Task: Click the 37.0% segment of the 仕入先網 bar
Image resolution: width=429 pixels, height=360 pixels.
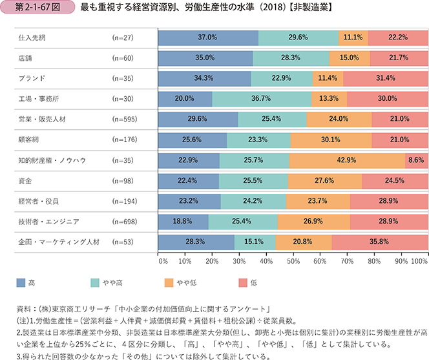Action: click(x=207, y=37)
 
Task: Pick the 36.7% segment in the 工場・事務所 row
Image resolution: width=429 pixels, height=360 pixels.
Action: click(x=261, y=99)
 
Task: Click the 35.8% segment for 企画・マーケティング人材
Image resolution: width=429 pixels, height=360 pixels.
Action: click(x=379, y=242)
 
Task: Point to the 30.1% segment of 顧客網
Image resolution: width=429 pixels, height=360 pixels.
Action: click(x=330, y=140)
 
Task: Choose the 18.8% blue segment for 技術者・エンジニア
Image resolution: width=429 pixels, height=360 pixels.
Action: click(x=183, y=222)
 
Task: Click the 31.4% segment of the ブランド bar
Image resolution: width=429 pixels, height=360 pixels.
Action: click(x=385, y=78)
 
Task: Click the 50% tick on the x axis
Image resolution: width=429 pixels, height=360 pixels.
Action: click(x=293, y=261)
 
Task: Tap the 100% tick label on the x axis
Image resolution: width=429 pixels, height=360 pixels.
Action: click(x=419, y=261)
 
